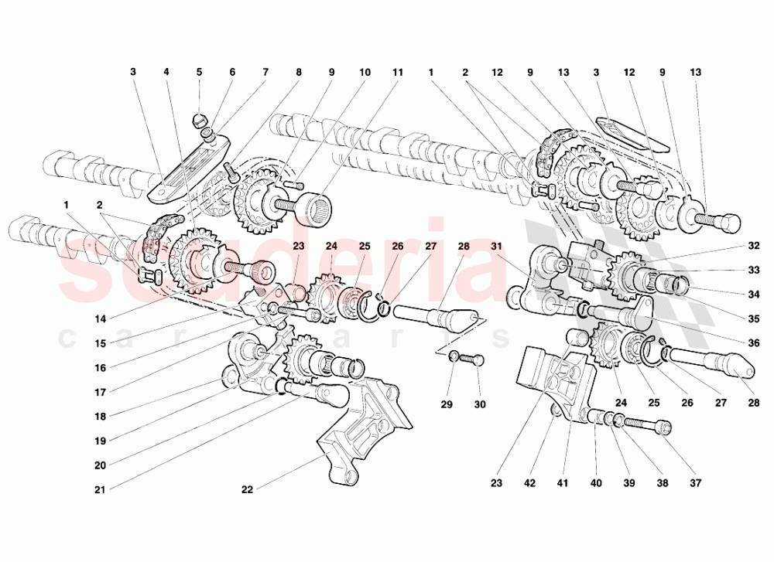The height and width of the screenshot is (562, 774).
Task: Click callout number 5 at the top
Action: (x=199, y=72)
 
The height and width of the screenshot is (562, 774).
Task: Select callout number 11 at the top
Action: (x=398, y=72)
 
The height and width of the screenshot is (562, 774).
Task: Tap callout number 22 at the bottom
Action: (x=247, y=489)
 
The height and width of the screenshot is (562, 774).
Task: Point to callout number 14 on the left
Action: (x=101, y=317)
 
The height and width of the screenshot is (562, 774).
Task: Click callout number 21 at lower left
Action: (x=101, y=489)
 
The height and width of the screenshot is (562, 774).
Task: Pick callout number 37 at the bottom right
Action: (x=695, y=484)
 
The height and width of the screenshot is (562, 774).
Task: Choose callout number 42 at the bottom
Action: (x=529, y=484)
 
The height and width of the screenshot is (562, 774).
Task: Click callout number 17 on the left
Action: (x=101, y=391)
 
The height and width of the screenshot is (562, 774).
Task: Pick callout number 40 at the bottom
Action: (x=595, y=484)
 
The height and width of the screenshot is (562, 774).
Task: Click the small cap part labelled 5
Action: (x=198, y=119)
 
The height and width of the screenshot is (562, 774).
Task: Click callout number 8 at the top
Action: (x=298, y=72)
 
